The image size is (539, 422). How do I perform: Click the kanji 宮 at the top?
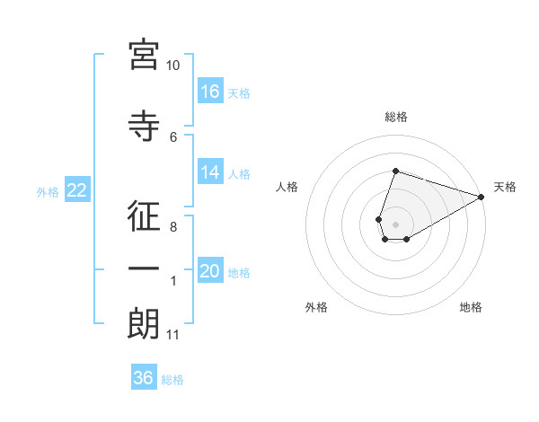[144, 55]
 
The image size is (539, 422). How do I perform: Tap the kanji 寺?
[144, 127]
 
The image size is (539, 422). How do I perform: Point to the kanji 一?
[144, 269]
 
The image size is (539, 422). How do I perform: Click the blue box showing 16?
[210, 92]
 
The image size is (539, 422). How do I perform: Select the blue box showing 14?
[210, 172]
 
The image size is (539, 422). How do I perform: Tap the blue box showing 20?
[210, 271]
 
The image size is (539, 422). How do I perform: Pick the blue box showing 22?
[76, 189]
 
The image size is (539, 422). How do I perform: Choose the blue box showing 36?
[144, 378]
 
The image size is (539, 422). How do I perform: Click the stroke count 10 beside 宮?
[173, 66]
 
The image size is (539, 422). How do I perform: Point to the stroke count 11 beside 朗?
[173, 335]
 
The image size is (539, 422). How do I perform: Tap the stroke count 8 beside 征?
[173, 227]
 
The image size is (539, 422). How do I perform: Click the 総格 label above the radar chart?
[396, 117]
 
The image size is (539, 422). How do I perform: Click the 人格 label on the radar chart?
[287, 187]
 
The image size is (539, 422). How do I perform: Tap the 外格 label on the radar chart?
[316, 307]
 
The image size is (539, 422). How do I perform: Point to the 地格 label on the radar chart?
[471, 307]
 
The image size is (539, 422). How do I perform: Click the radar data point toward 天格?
[482, 197]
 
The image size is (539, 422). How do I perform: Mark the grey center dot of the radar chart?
[395, 223]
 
